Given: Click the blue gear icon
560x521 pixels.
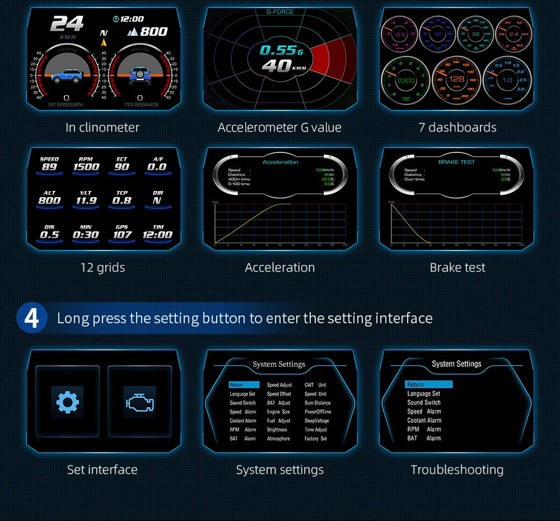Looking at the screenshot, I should [67, 402].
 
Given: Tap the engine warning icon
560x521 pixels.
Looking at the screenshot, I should [139, 402].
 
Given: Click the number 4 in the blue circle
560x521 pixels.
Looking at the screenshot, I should [32, 318].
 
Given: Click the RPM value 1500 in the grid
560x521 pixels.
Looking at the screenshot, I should [86, 166].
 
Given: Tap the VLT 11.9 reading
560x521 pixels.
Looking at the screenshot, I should [86, 200].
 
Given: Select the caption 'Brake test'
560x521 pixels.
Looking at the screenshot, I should [457, 267].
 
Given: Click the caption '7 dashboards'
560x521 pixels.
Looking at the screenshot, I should [457, 127].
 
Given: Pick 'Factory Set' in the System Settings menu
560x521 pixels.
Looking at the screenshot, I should [315, 439].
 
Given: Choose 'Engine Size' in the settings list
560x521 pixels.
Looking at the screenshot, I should [278, 412].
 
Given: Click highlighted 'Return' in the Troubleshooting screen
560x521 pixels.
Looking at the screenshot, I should [428, 384].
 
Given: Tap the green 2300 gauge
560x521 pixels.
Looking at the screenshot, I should [405, 80].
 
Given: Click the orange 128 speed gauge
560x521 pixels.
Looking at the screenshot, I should [456, 80].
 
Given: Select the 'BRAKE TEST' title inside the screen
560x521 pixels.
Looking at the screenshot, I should [456, 162].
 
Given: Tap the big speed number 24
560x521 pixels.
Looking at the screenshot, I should [67, 24].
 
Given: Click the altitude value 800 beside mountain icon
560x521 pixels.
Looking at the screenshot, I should [153, 31].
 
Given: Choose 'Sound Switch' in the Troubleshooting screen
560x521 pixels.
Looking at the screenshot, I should [424, 402].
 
